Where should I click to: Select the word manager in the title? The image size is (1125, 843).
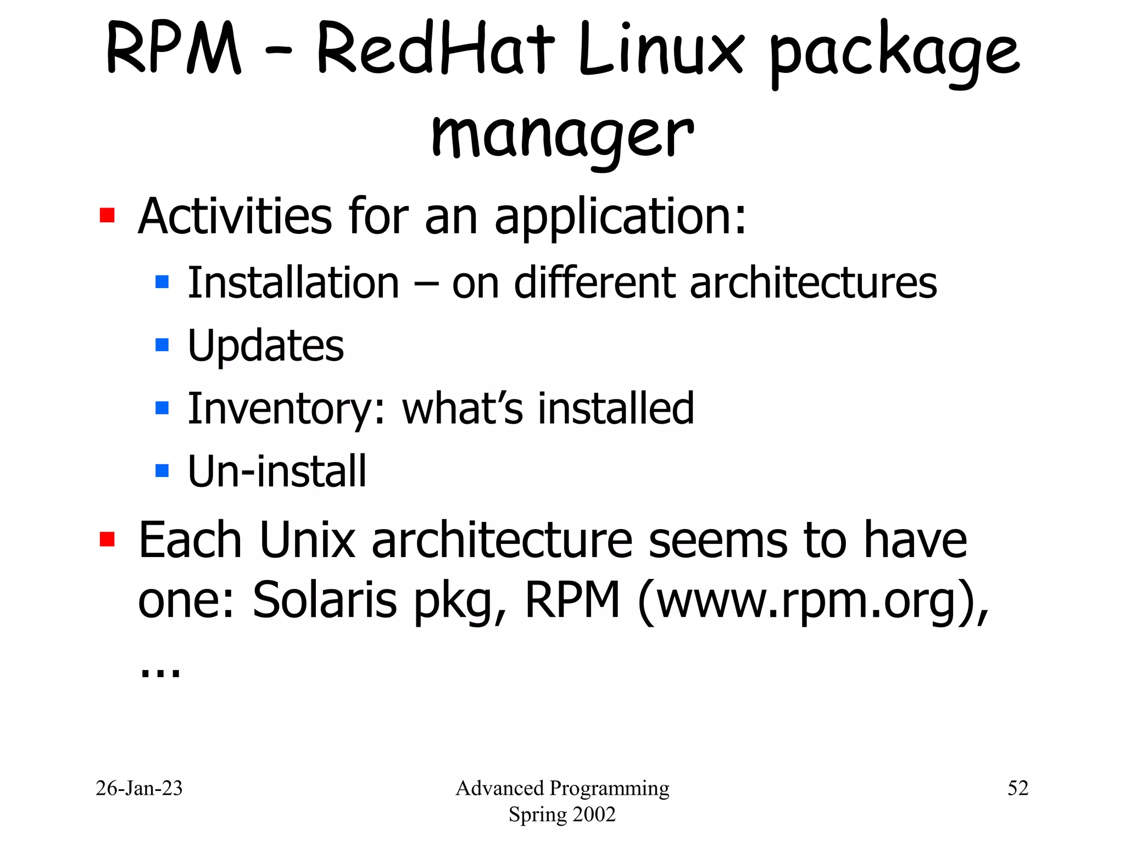point(562,134)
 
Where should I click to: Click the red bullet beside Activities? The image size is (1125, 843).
point(107,215)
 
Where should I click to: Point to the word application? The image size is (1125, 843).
point(621,217)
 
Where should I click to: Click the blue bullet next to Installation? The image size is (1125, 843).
point(162,282)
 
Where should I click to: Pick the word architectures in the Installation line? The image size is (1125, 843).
point(813,283)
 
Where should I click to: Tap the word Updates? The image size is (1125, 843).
point(266,346)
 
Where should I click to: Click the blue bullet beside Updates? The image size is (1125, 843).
point(162,345)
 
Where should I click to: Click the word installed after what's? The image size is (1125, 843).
point(616,409)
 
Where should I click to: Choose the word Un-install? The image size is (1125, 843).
point(277,471)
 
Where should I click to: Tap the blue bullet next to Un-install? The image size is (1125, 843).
point(162,470)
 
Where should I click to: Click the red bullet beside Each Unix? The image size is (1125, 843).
point(107,539)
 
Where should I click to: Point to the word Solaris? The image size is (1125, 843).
point(325,600)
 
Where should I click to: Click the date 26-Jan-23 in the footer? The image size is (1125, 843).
point(139,788)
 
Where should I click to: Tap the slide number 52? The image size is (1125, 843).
point(1017,788)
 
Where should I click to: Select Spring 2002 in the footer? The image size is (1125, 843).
point(562,814)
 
